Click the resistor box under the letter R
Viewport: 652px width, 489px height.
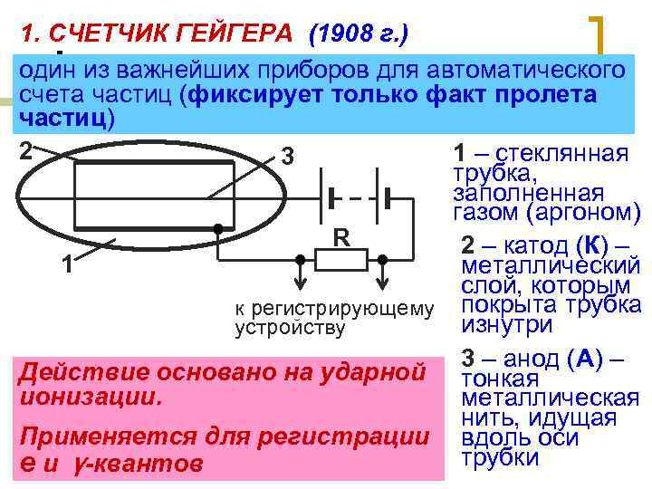[340, 260]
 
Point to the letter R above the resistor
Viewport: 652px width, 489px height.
[341, 237]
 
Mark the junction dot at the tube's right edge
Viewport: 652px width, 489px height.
[218, 230]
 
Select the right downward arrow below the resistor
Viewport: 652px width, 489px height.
[382, 269]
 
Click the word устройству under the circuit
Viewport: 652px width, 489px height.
[290, 328]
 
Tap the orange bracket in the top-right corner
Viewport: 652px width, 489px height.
[599, 36]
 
